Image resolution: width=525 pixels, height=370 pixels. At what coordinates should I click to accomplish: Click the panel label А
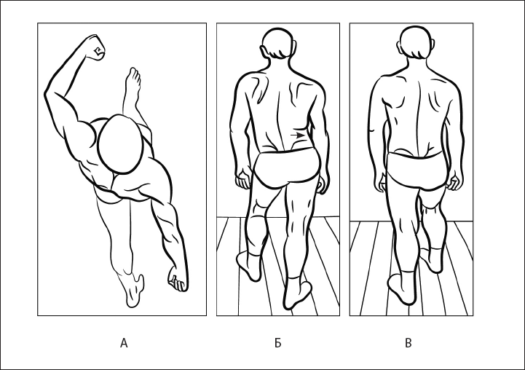[x=124, y=343]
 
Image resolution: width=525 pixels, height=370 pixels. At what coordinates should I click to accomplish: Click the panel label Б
[x=277, y=343]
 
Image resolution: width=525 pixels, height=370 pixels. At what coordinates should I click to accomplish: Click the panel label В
[x=408, y=343]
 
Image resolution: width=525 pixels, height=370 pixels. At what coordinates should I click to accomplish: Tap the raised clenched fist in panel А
[x=95, y=47]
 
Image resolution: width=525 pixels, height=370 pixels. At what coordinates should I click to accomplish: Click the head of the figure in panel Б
[x=278, y=45]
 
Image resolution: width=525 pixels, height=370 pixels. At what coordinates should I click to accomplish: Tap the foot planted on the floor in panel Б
[x=297, y=294]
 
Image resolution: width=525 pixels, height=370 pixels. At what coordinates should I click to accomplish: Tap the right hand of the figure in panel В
[x=455, y=180]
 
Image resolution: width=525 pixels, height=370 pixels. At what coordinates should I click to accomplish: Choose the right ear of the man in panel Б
[x=295, y=46]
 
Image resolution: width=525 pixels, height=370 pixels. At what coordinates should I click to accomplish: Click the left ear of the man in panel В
[x=400, y=46]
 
